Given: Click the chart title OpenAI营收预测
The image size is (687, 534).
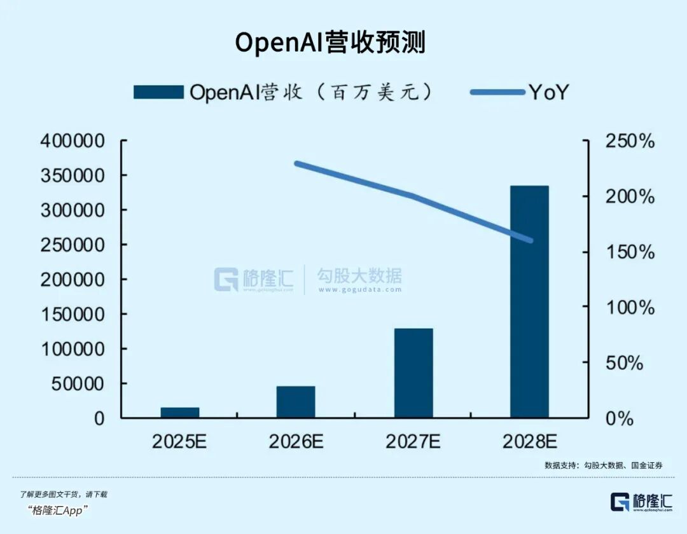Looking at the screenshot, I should [x=330, y=43].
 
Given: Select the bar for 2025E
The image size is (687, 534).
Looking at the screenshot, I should [x=180, y=412].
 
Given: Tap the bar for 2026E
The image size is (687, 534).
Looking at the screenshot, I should [x=296, y=401].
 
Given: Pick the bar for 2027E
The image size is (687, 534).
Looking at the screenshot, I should [x=413, y=373].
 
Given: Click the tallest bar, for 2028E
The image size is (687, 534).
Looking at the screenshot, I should [x=529, y=302].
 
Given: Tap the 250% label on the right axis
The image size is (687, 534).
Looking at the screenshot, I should [x=628, y=141].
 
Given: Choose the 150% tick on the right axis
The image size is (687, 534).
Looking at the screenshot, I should [x=628, y=252].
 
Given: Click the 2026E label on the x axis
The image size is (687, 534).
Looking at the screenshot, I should [x=296, y=442].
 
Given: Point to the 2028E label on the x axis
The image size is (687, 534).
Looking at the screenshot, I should [x=529, y=442].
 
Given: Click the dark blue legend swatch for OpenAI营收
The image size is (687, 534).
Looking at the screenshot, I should [x=158, y=92].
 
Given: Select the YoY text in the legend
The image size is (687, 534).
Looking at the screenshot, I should [x=548, y=93].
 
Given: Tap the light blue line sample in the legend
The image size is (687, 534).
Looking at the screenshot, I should [x=497, y=93].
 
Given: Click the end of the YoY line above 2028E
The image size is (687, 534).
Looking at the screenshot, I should [x=531, y=240].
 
